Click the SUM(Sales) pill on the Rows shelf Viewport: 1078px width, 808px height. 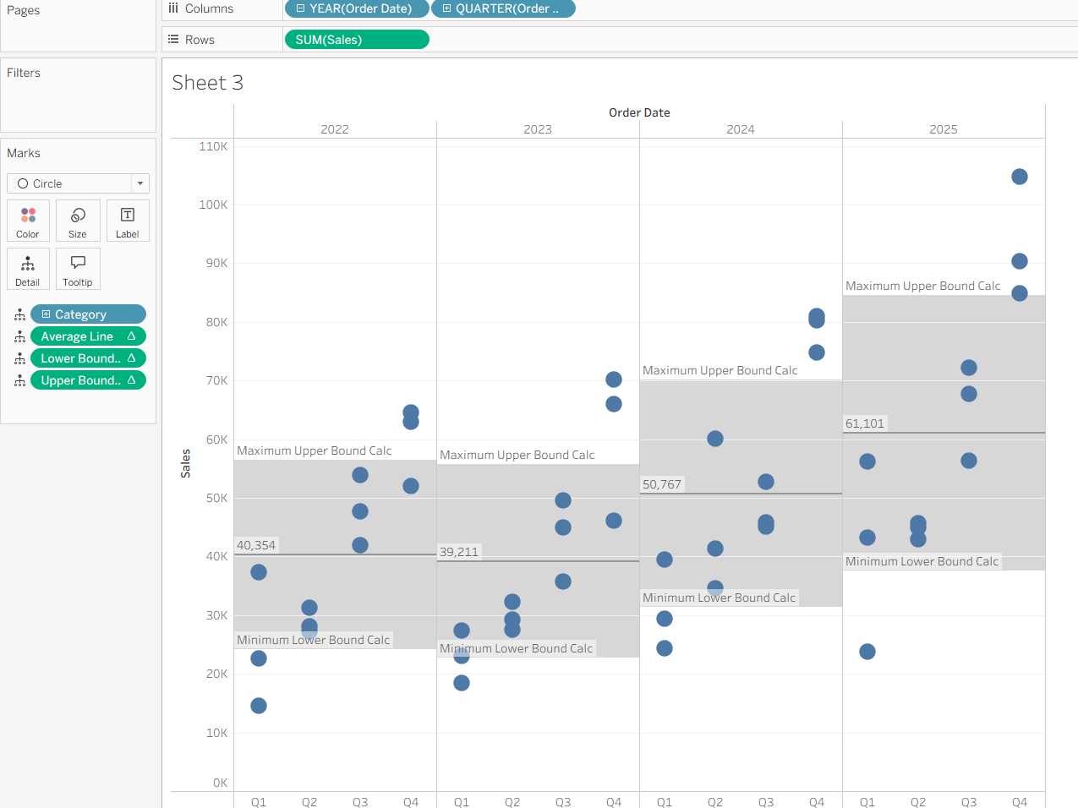coord(356,40)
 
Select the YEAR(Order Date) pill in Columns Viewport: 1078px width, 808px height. coord(356,8)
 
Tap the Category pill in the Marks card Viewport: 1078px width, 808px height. coord(88,314)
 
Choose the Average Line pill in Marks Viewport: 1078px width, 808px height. coord(88,336)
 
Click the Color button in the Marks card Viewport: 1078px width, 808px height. coord(28,221)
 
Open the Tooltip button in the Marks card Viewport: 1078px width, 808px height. coord(78,270)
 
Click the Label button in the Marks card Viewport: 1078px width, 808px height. coord(128,221)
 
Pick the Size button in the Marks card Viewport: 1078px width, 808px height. coord(78,221)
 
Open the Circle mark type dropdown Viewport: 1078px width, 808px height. coord(78,183)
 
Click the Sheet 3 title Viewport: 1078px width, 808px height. coord(207,83)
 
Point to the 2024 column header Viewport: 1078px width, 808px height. coord(740,129)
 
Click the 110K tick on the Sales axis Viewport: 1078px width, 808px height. coord(213,146)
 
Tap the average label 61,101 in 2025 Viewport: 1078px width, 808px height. coord(864,423)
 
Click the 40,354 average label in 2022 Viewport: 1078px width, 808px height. coord(256,545)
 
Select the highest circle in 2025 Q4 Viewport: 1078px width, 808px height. coord(1020,177)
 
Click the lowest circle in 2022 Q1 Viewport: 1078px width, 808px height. coord(259,706)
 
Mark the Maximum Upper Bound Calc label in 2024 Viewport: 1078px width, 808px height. coord(720,370)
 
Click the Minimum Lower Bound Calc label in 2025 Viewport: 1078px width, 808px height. coord(922,561)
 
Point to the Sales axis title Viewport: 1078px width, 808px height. coord(186,464)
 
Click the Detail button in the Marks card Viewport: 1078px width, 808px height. coord(28,270)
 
